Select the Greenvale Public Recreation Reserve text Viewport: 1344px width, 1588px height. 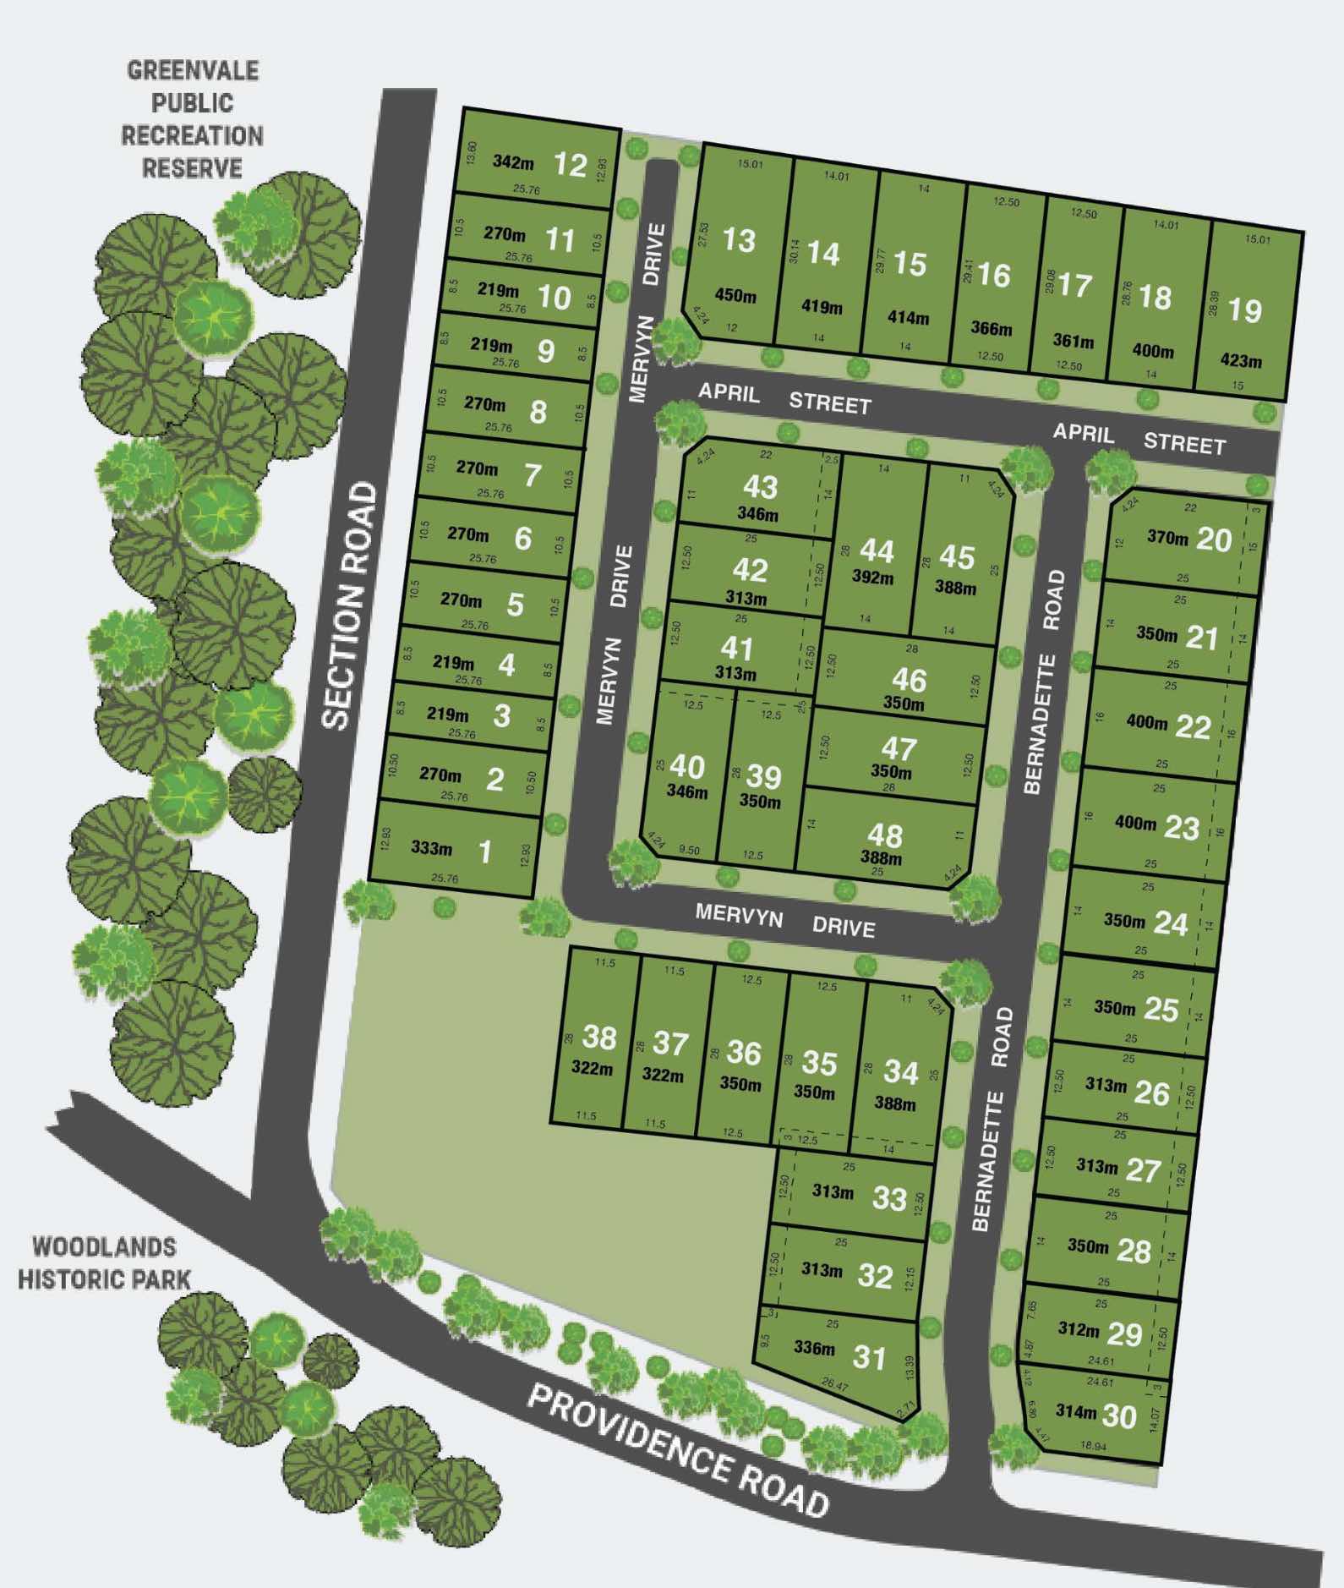[192, 119]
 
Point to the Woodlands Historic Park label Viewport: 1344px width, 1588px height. [98, 1264]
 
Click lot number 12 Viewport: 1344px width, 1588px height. [571, 164]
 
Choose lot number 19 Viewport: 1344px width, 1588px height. [1245, 310]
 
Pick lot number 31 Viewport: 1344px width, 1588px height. [869, 1357]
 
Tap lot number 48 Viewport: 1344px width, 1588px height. [885, 835]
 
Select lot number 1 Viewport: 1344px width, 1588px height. [485, 851]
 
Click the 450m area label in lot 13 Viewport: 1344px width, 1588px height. [735, 296]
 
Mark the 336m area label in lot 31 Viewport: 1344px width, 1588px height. [814, 1348]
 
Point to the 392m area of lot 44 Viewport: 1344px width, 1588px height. [872, 578]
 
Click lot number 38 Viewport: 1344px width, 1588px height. [599, 1038]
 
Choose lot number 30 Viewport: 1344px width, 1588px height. [1120, 1416]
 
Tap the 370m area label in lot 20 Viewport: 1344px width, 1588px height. [1167, 537]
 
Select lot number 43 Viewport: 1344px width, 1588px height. [760, 487]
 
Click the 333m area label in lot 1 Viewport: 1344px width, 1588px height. [431, 848]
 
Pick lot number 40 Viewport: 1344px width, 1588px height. [687, 767]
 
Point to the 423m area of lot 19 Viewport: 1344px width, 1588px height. [1241, 361]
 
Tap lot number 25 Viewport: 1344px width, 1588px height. [1161, 1009]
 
